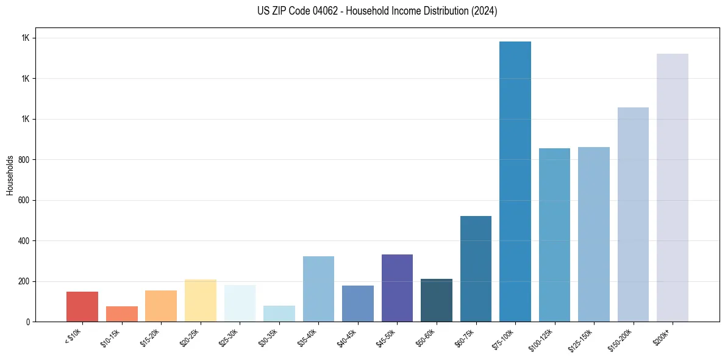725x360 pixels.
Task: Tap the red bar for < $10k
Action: click(x=82, y=306)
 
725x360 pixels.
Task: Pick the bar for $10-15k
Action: click(x=121, y=314)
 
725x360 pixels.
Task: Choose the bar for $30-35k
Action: click(x=279, y=314)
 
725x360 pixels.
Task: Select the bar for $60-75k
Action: click(x=476, y=268)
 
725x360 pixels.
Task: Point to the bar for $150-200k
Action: click(x=633, y=214)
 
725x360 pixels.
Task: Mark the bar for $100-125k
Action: click(x=554, y=235)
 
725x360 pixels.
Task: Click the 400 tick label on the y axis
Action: click(x=25, y=241)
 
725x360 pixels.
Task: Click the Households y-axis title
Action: click(x=10, y=175)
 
